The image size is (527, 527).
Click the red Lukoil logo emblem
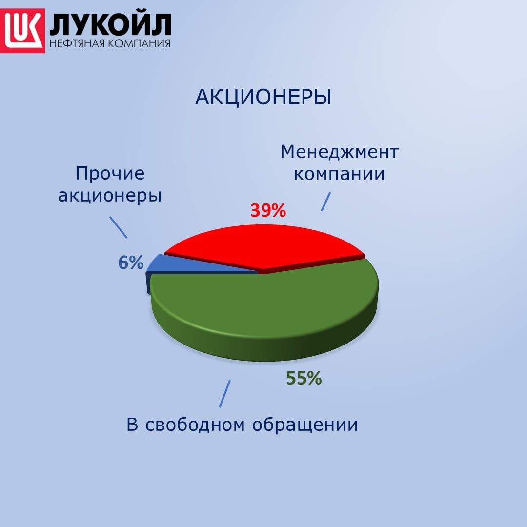[x=23, y=30]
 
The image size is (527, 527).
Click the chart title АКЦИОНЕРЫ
[x=263, y=98]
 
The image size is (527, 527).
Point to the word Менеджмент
[x=339, y=152]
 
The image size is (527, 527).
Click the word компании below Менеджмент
[x=339, y=174]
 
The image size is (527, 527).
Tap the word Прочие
[x=110, y=173]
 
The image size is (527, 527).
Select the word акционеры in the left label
[x=110, y=196]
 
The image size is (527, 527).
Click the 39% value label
[x=267, y=210]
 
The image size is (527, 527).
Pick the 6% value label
[x=131, y=263]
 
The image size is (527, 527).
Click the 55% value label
[x=304, y=378]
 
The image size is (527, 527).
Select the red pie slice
[x=266, y=246]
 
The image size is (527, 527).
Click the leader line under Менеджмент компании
[x=325, y=201]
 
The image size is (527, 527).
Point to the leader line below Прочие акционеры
[x=119, y=227]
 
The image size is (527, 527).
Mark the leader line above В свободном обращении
[x=224, y=393]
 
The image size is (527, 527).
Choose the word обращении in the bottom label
[x=305, y=425]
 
